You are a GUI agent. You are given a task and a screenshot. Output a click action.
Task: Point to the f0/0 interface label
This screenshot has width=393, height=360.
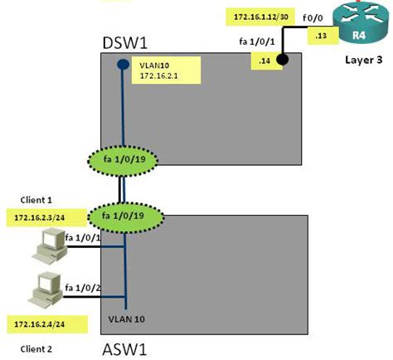pyautogui.click(x=294, y=16)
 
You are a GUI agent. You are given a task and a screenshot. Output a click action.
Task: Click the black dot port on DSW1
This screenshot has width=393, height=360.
pyautogui.click(x=283, y=60)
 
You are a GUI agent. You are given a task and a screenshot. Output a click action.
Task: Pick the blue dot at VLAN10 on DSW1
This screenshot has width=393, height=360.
pyautogui.click(x=122, y=64)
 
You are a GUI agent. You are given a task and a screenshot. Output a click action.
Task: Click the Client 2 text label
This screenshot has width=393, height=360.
pyautogui.click(x=36, y=348)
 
